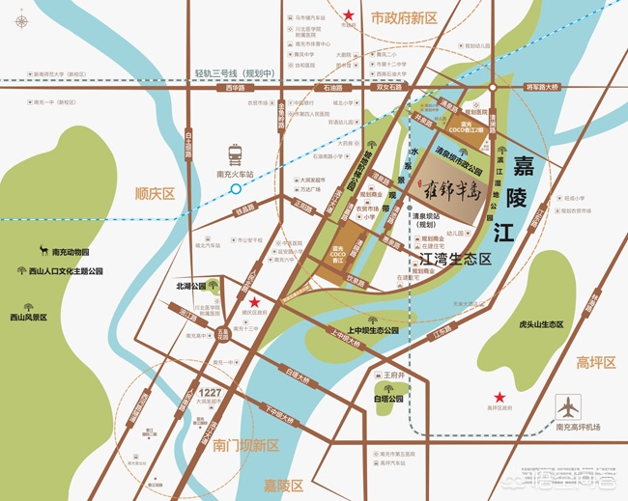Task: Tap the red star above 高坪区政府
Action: point(500,397)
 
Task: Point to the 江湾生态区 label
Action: point(451,259)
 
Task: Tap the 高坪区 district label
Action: point(596,362)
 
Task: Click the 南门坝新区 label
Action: point(246,445)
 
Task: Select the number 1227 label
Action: point(211,392)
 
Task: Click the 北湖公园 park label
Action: point(191,286)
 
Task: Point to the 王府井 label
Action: point(392,374)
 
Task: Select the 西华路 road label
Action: point(232,88)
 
